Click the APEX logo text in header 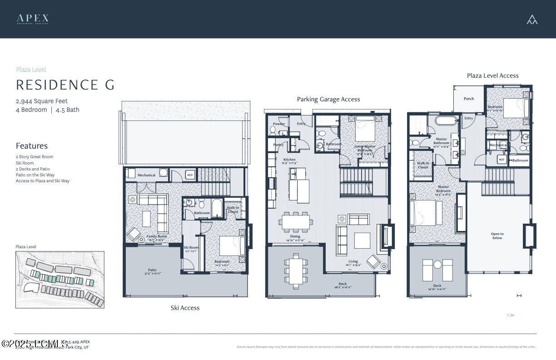(x=33, y=19)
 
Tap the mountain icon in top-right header (x=532, y=19)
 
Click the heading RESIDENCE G (x=65, y=85)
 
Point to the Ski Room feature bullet (x=25, y=163)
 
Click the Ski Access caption (x=185, y=308)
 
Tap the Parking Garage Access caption (x=328, y=99)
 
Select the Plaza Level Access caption (x=492, y=75)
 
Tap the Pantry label (x=278, y=145)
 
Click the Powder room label (x=279, y=124)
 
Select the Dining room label (x=295, y=236)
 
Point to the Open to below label (x=497, y=235)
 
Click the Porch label (x=469, y=99)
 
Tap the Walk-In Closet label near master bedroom (x=423, y=165)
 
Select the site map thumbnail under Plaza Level (x=60, y=280)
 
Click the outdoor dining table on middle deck (x=296, y=271)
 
